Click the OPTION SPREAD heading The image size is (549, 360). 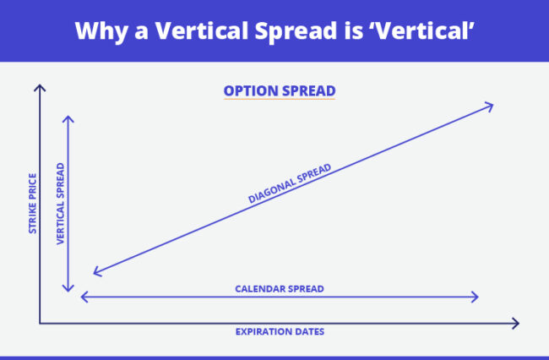click(x=279, y=90)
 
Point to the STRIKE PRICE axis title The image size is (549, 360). click(x=32, y=204)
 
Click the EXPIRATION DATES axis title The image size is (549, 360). click(x=280, y=331)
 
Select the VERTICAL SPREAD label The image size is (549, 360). click(x=61, y=204)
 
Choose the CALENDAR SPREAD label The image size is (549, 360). click(x=279, y=288)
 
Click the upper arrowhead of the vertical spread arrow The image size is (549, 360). click(x=69, y=117)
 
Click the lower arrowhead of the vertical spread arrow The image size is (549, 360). click(x=69, y=288)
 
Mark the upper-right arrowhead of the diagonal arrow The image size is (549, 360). click(x=488, y=105)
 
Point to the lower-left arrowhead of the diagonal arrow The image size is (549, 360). click(x=96, y=272)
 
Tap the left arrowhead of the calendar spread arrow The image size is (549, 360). click(x=84, y=297)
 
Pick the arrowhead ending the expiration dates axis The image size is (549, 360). click(x=514, y=322)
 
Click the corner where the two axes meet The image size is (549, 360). click(x=39, y=322)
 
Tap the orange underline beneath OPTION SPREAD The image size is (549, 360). click(x=279, y=100)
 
